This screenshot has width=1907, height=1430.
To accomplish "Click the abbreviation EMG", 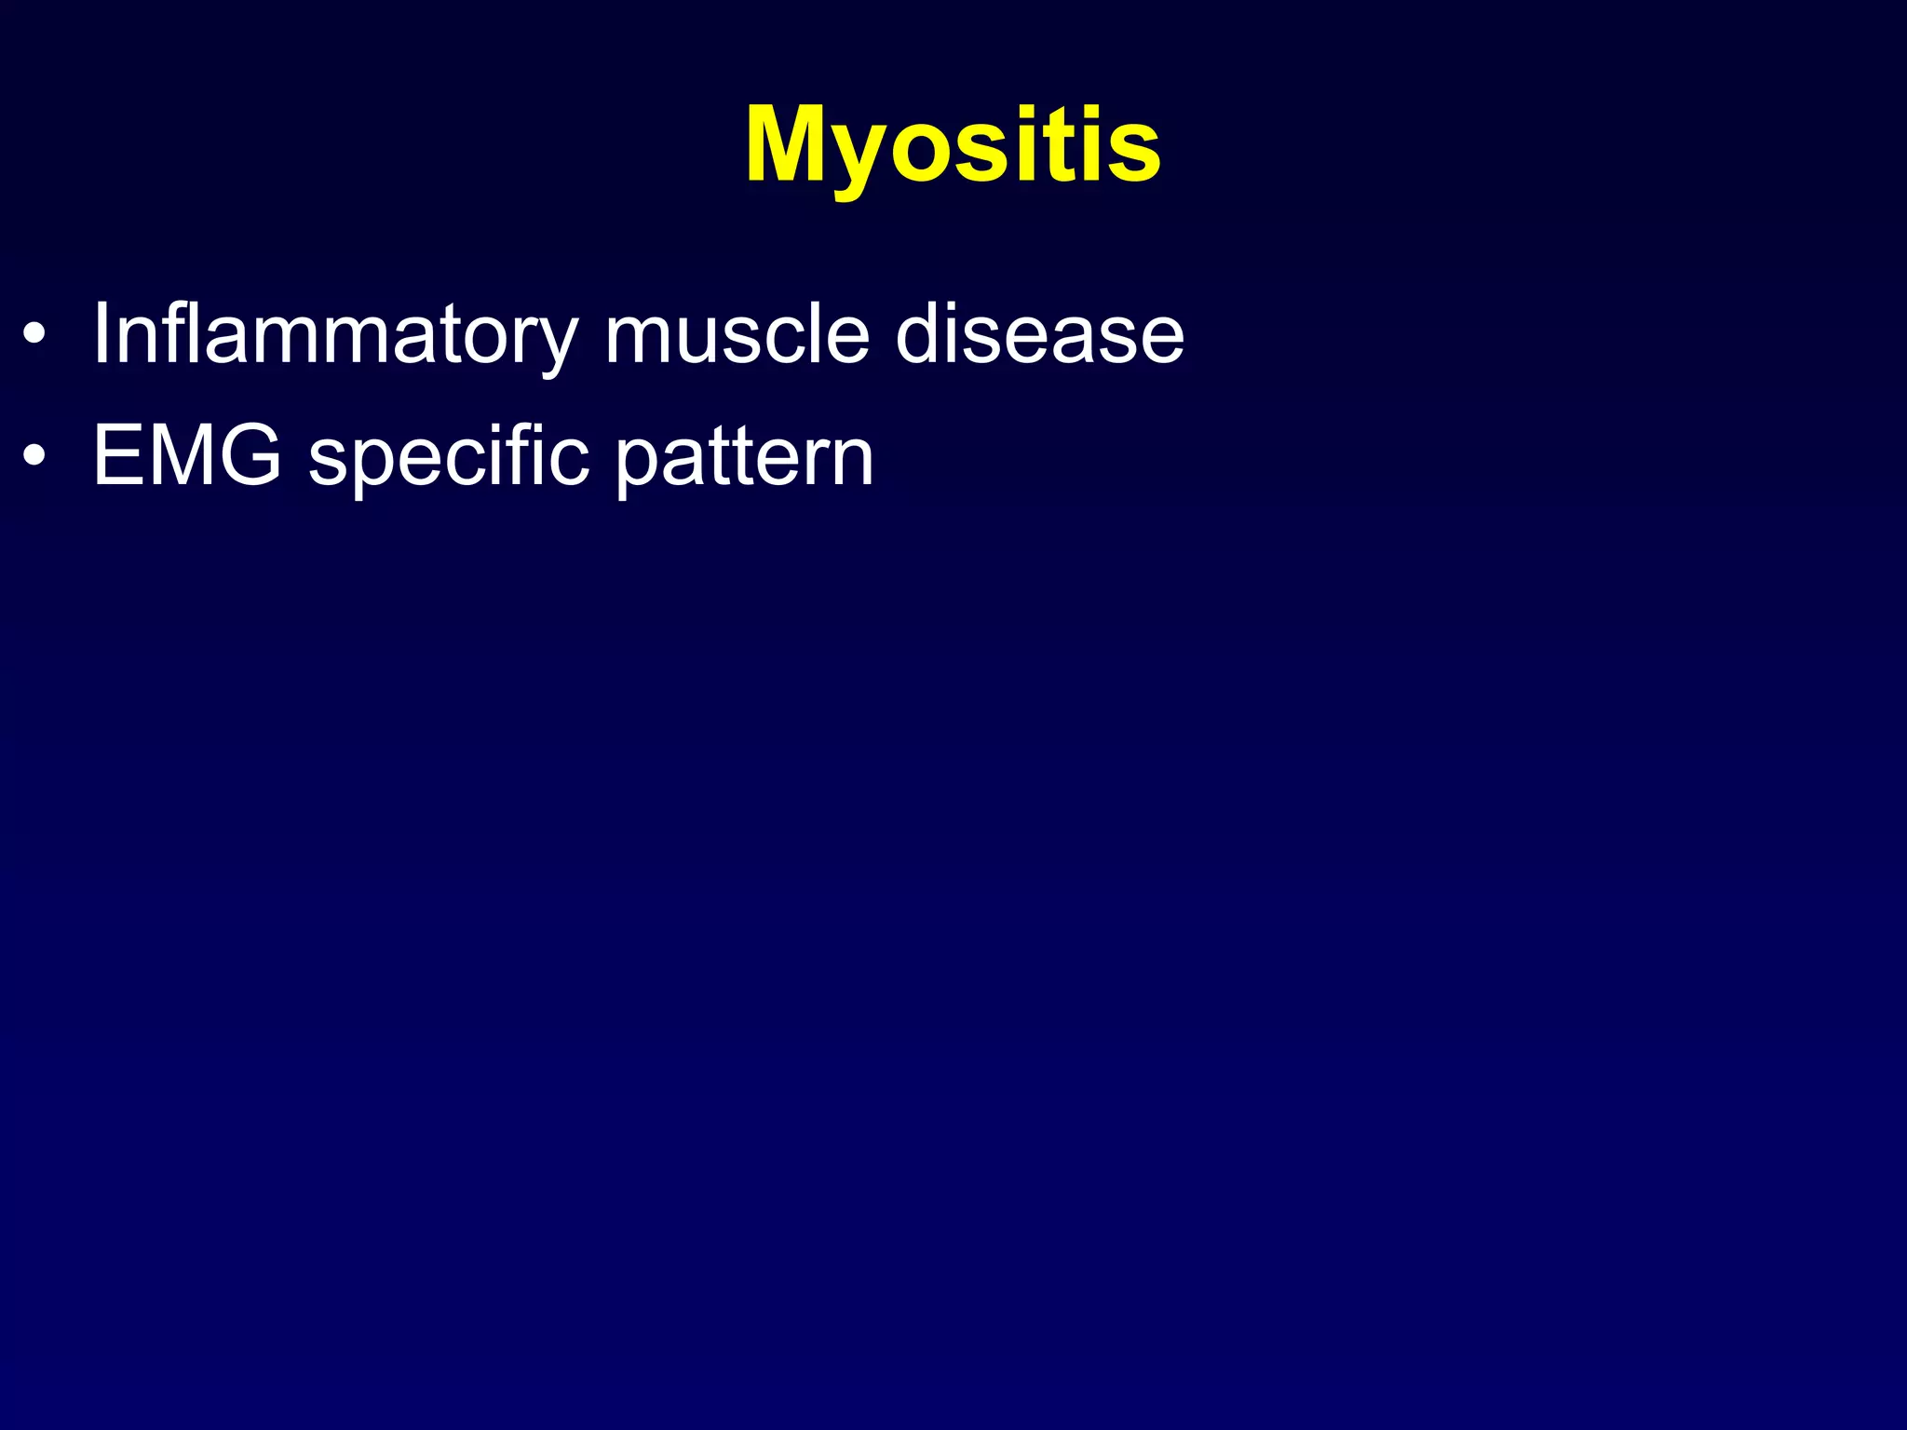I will (187, 455).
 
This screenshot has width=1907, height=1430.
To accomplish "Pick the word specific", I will (449, 455).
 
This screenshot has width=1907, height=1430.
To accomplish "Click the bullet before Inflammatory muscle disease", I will (34, 336).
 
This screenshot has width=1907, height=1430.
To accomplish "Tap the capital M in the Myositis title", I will (791, 144).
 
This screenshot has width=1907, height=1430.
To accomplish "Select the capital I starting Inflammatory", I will (102, 333).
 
